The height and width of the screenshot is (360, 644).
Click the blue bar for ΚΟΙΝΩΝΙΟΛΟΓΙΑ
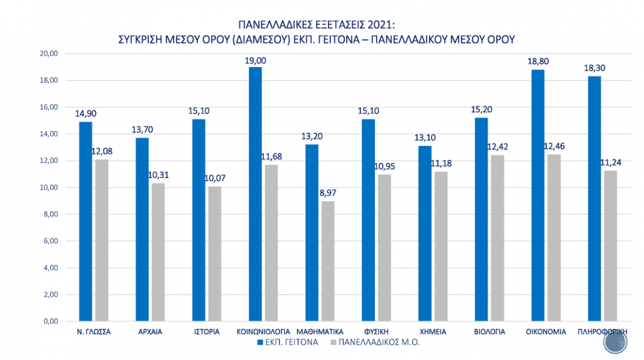[x=255, y=194]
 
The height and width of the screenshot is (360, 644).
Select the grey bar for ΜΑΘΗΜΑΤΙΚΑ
[x=328, y=261]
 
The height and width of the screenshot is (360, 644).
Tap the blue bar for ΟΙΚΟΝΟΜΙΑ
[x=538, y=195]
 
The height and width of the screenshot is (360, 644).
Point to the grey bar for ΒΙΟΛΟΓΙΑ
[x=497, y=238]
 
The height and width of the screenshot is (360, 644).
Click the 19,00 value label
[x=256, y=60]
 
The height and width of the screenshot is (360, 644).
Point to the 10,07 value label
[x=215, y=179]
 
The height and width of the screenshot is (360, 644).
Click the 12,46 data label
[x=554, y=147]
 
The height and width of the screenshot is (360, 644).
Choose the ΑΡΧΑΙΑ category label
[x=150, y=332]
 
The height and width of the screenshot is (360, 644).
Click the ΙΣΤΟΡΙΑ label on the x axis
[x=206, y=332]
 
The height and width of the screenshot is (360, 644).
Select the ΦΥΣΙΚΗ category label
[x=376, y=332]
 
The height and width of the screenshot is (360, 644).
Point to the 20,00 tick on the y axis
[x=47, y=54]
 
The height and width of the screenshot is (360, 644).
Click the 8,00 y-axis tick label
[x=48, y=214]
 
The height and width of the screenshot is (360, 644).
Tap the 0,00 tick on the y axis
[x=48, y=322]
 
